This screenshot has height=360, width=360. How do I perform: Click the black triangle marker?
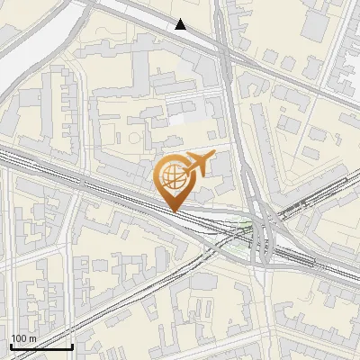tap(181, 24)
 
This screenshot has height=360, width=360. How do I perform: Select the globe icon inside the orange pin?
tap(171, 179)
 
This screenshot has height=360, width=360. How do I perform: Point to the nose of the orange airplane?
tap(214, 157)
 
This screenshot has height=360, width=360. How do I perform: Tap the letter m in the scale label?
tap(32, 338)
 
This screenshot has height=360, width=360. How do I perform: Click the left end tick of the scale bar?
tap(11, 346)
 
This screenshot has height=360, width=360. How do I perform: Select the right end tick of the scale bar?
tap(72, 346)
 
